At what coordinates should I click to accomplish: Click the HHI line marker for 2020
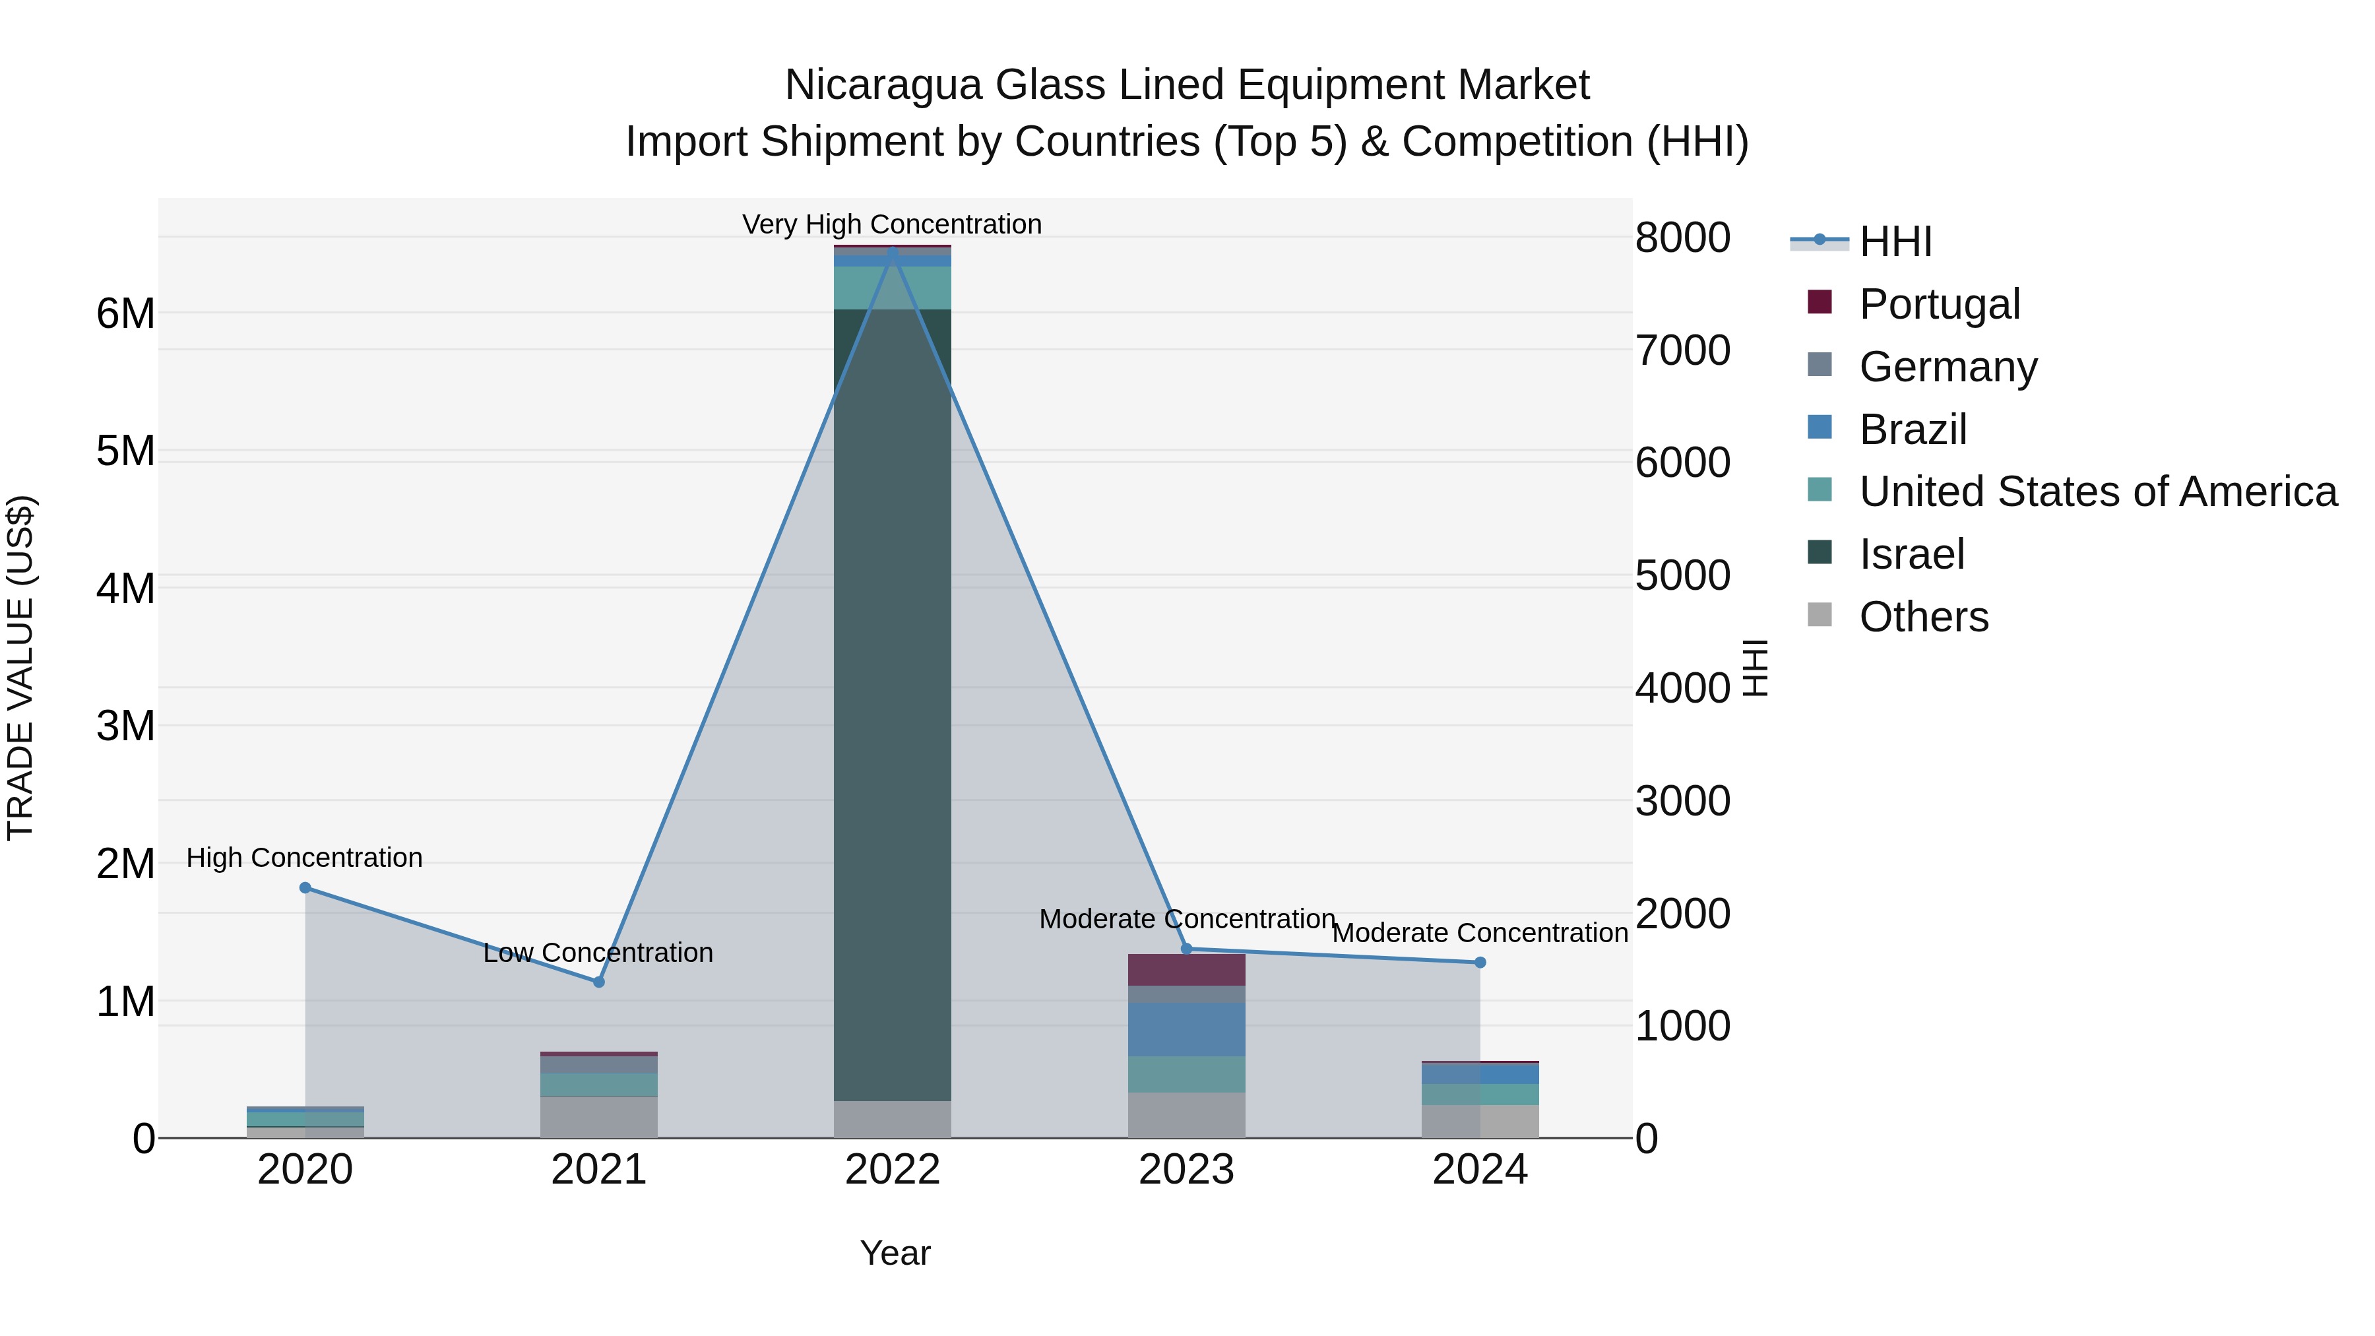(305, 888)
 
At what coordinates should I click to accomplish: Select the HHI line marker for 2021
(598, 982)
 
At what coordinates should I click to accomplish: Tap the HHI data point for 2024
(1480, 963)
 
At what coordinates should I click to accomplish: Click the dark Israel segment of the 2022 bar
(891, 701)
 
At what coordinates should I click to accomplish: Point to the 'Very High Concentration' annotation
(891, 224)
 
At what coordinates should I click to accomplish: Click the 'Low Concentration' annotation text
(598, 953)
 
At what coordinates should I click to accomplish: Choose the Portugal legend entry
(1939, 304)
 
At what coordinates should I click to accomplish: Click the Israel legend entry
(1911, 554)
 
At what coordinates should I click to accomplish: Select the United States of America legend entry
(2097, 492)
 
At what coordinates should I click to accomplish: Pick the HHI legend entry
(1895, 241)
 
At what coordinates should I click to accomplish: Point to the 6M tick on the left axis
(125, 313)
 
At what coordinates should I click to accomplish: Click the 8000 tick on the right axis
(1682, 238)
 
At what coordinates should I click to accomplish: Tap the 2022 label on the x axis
(891, 1170)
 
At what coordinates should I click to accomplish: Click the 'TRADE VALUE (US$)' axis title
(20, 668)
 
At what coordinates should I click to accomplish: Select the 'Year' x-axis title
(895, 1253)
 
